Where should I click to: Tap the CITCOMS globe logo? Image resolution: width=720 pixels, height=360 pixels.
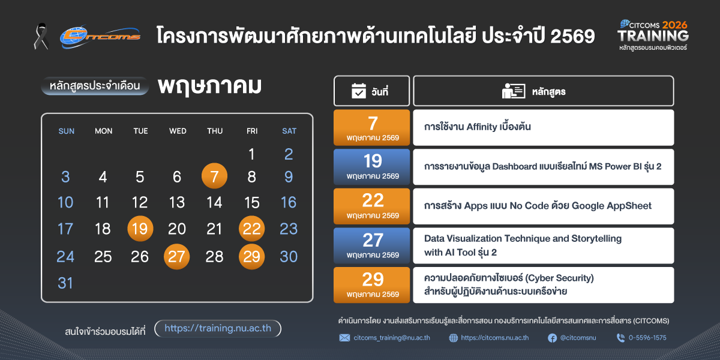[x=100, y=37]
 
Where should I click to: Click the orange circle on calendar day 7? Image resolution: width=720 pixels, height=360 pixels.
[x=214, y=176]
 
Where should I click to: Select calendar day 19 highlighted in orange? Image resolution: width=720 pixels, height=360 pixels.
[x=140, y=229]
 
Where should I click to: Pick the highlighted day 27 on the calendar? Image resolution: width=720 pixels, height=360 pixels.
[x=177, y=257]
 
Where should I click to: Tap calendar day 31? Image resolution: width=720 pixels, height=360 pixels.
[x=65, y=283]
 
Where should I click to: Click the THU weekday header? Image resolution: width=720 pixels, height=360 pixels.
[x=215, y=131]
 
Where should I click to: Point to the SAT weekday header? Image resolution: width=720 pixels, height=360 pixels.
[x=289, y=131]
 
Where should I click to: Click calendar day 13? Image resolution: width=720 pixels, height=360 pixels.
[x=177, y=203]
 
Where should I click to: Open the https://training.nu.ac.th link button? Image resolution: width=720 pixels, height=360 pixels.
[x=218, y=329]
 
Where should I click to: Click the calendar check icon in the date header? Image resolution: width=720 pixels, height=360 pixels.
[x=359, y=91]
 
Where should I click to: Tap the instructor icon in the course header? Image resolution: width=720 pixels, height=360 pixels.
[x=514, y=91]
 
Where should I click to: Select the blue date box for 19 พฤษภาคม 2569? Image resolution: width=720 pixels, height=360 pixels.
[x=371, y=167]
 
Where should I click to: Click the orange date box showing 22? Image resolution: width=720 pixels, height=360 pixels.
[x=371, y=206]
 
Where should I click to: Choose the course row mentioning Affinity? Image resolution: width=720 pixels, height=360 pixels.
[x=543, y=128]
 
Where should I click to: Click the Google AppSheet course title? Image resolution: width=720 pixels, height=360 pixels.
[x=538, y=206]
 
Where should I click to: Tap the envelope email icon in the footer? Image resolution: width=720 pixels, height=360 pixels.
[x=344, y=338]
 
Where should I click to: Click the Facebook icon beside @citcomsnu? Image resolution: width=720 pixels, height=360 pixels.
[x=552, y=338]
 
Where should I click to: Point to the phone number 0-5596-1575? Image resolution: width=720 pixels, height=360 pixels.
[x=647, y=338]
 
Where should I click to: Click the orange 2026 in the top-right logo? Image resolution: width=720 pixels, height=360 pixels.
[x=674, y=25]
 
